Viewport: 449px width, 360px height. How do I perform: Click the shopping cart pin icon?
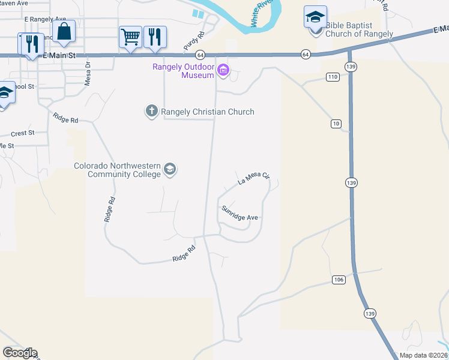coord(130,37)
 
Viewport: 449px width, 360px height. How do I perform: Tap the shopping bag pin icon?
coord(64,31)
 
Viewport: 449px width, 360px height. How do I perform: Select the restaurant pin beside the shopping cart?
coord(155,37)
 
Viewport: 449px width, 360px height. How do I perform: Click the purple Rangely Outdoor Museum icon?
coord(223,71)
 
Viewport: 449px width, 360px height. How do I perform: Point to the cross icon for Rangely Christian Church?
coord(151,111)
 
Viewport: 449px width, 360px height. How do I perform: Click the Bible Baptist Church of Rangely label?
coord(359,30)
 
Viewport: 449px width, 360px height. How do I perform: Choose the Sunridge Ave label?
coord(240,213)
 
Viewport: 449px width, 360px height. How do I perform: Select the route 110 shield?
coord(333,76)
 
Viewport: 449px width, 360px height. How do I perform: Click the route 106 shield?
coord(339,280)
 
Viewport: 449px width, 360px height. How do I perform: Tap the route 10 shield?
coord(336,124)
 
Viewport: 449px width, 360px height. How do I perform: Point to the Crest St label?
coord(23,133)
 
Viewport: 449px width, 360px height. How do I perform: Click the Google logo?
coord(20,353)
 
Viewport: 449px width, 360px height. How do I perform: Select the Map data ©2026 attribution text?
coord(423,355)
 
